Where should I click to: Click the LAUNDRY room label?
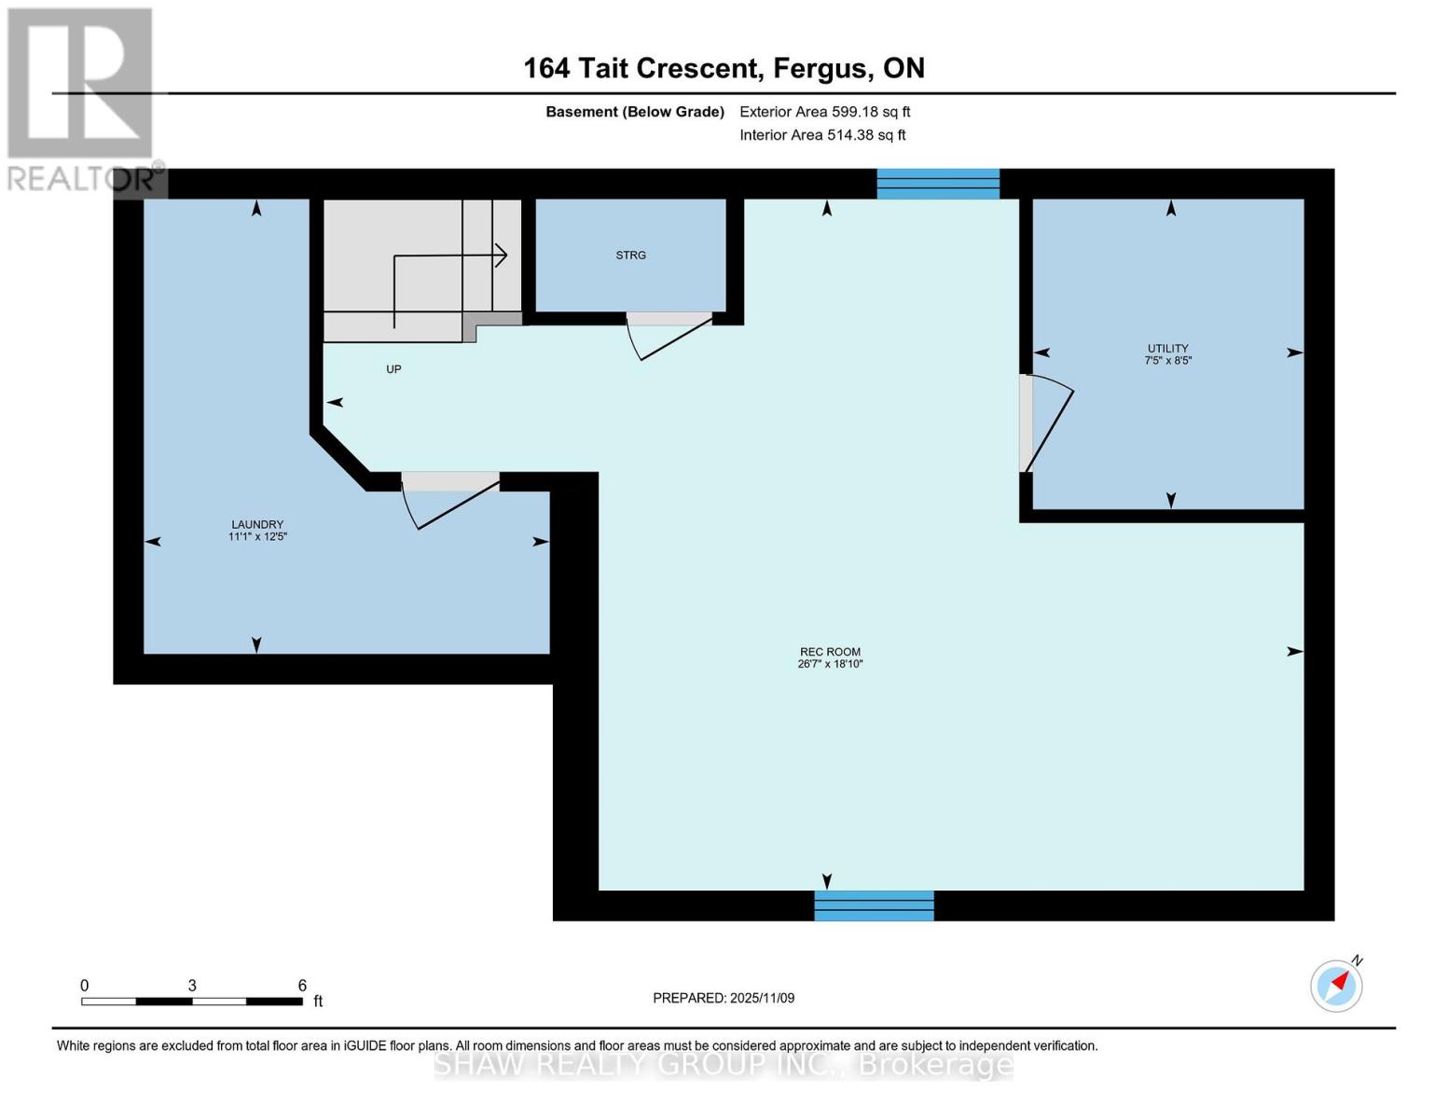pos(257,525)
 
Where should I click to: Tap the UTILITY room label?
pos(1167,349)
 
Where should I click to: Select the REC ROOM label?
pos(830,653)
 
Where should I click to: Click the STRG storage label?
pos(630,256)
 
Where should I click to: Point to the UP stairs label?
pos(393,369)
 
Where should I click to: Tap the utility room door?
pos(1046,423)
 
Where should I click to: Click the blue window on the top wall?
pos(938,184)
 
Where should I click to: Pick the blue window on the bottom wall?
pos(874,905)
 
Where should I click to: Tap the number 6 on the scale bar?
pos(302,986)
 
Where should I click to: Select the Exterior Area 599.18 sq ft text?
pos(824,112)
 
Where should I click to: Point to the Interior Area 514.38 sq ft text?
pos(822,135)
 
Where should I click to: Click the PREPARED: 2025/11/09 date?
pos(724,998)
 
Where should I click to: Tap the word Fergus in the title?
pos(818,68)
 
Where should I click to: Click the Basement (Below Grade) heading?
pos(635,112)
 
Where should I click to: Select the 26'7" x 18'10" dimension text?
pos(830,665)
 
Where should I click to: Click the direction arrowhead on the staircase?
pos(502,255)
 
